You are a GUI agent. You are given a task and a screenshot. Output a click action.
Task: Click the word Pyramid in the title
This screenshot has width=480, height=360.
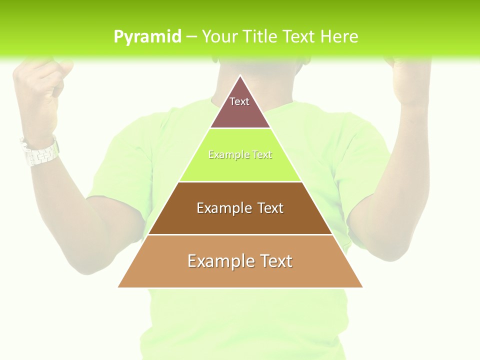(147, 37)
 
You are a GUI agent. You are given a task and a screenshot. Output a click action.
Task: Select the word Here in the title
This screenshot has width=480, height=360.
(339, 37)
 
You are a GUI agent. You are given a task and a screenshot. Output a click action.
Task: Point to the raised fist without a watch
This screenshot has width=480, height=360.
(410, 80)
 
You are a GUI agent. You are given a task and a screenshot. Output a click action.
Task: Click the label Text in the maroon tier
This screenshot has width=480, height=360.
(239, 101)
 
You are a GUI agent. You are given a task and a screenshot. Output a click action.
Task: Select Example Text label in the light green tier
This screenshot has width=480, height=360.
(240, 155)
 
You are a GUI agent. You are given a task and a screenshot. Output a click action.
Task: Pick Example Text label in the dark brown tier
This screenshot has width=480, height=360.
(240, 208)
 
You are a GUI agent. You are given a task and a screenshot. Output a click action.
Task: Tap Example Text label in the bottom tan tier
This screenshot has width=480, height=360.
(240, 261)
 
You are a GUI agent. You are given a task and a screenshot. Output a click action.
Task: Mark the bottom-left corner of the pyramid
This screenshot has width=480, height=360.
(118, 287)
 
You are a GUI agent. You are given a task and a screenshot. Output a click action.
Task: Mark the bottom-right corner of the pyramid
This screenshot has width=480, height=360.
(362, 287)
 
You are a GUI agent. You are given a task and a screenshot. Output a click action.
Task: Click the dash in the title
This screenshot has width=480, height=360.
(191, 37)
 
